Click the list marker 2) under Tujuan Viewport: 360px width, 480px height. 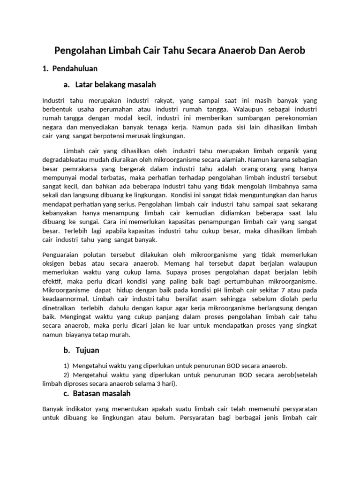pos(67,375)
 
